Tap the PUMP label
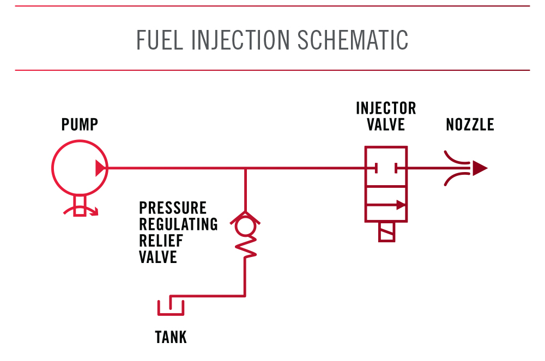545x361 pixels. (80, 125)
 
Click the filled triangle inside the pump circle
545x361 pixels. (100, 168)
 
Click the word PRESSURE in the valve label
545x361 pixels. (173, 208)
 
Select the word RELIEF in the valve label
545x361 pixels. (161, 240)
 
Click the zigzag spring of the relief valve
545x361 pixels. (246, 248)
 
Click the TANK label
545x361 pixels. (171, 338)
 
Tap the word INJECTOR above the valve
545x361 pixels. (386, 108)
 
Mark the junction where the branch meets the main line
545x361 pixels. (246, 168)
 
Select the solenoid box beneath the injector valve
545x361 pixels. (386, 232)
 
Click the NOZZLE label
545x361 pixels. (470, 125)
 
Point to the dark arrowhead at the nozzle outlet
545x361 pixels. (479, 168)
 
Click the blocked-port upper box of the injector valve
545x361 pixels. (386, 167)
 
